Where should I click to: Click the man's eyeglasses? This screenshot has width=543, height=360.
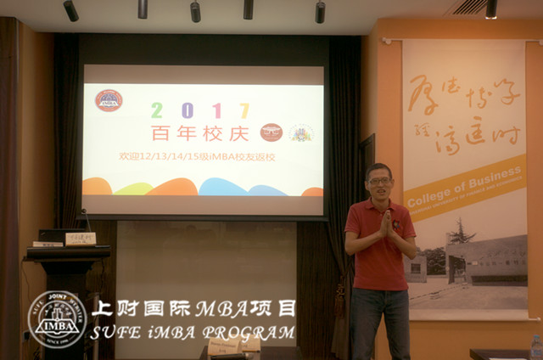coord(379,181)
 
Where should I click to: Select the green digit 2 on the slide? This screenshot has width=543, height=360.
coord(156,110)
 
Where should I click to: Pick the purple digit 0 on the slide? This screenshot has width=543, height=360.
coord(186,110)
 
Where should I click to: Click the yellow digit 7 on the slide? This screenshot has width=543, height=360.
coord(244,110)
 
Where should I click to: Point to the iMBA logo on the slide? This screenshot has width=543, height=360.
coord(109,101)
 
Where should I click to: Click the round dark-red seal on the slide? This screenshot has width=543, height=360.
coord(271,132)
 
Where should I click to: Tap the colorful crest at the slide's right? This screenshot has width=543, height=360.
coord(300,132)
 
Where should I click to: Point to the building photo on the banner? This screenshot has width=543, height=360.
coord(475,259)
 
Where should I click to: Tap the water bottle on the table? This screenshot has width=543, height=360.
coord(535,347)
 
